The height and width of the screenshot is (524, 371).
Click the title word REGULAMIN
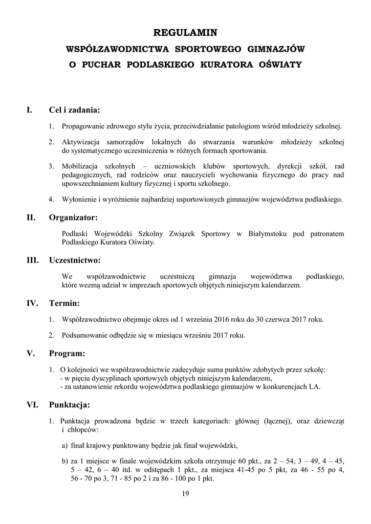tap(185, 33)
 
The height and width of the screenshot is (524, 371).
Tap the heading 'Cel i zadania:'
tap(74, 110)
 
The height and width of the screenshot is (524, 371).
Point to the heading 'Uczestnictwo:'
tap(75, 260)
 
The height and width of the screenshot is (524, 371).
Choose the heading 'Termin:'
tap(64, 303)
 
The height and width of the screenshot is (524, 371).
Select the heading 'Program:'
tap(67, 353)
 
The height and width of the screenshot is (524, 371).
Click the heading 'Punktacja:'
tap(70, 405)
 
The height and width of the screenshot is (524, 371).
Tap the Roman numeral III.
tap(33, 260)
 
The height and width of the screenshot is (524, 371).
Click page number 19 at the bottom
tap(185, 493)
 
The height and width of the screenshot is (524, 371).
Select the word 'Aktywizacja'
tap(79, 142)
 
